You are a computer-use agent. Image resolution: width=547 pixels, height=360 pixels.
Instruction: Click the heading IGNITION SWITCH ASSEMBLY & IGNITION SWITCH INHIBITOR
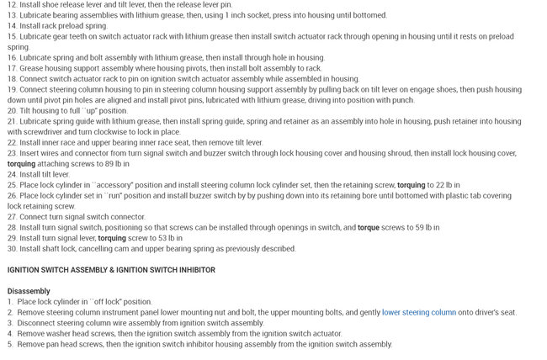pyautogui.click(x=111, y=269)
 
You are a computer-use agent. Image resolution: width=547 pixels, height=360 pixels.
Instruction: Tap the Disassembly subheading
pyautogui.click(x=29, y=291)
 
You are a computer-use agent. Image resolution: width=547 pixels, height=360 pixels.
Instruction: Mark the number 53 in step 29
pyautogui.click(x=165, y=238)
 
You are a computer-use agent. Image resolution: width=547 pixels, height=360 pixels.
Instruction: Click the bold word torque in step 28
pyautogui.click(x=369, y=227)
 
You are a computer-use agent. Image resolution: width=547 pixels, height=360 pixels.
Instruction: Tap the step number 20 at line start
pyautogui.click(x=12, y=110)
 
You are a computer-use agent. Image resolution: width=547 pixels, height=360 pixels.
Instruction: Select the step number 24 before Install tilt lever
pyautogui.click(x=12, y=174)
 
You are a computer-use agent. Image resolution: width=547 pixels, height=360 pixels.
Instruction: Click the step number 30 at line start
pyautogui.click(x=12, y=248)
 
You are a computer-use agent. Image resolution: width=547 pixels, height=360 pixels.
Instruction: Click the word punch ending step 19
pyautogui.click(x=402, y=99)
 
